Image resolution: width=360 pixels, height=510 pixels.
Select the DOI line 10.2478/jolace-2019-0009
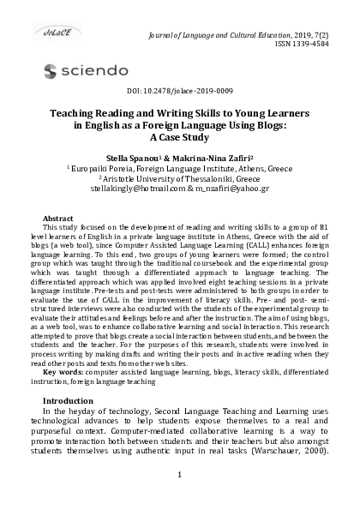coord(180,90)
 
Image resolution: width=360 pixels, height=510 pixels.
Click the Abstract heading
coord(57,218)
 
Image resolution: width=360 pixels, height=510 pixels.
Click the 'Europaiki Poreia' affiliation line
coord(180,168)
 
